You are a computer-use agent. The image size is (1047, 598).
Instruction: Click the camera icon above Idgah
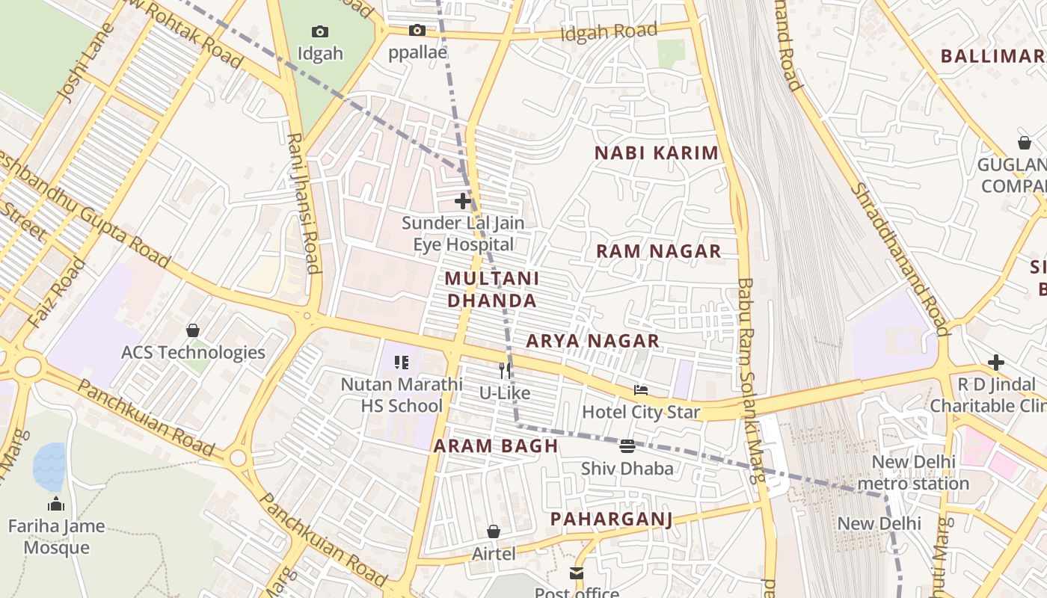coord(320,31)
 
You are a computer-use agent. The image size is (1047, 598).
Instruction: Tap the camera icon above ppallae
coord(417,31)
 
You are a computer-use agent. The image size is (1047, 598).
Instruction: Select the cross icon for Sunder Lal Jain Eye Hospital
coord(463,200)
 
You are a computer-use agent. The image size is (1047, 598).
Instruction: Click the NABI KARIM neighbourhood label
coord(656,153)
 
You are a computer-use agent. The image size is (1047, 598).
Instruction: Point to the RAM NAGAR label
coord(658,251)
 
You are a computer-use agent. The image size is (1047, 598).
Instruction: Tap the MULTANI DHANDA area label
coord(491,289)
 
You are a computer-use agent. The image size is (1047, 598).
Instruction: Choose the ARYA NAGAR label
coord(592,341)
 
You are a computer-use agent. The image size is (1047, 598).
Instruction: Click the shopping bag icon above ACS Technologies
coord(193,330)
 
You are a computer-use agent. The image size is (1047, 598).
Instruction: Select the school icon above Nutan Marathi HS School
coord(402,363)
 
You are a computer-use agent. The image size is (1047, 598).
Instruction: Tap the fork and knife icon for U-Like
coord(505,370)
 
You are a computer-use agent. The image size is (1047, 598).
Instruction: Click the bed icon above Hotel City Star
coord(641,389)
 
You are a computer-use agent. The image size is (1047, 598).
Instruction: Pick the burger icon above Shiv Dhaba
coord(627,446)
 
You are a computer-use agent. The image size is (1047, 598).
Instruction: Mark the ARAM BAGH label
coord(496,446)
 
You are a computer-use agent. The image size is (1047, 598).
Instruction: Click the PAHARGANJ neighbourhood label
coord(611,519)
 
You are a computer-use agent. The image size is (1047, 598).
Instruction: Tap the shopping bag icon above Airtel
coord(494,531)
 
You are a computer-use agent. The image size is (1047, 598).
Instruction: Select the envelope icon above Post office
coord(577,573)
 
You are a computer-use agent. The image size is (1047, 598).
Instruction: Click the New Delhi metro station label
coord(913,472)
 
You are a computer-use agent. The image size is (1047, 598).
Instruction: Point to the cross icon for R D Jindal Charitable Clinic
coord(995,363)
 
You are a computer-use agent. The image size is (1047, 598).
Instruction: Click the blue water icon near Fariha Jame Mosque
coord(49,468)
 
